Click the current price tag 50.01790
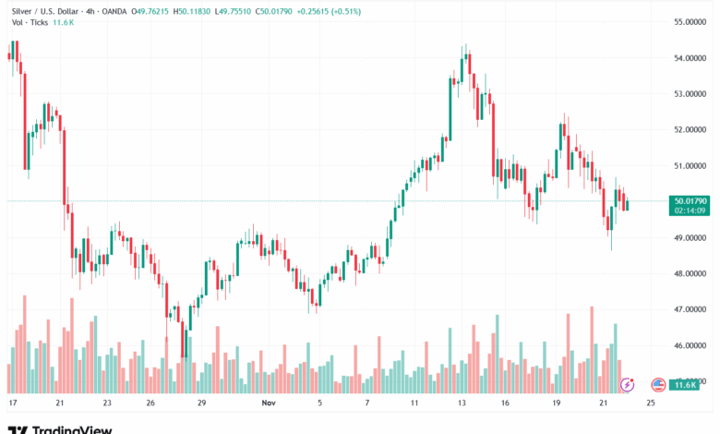pyautogui.click(x=691, y=200)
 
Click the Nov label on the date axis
pyautogui.click(x=269, y=403)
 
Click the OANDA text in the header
pyautogui.click(x=115, y=11)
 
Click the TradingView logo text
pyautogui.click(x=73, y=428)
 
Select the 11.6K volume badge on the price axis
pyautogui.click(x=684, y=384)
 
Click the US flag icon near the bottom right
pyautogui.click(x=658, y=384)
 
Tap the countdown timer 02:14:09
pyautogui.click(x=691, y=211)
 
